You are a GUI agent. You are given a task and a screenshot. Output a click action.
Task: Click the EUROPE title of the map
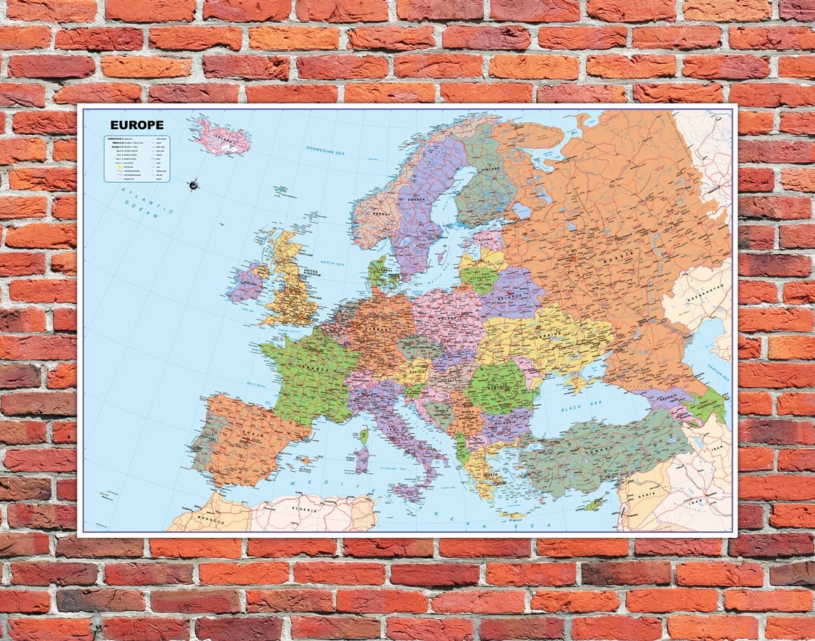137,125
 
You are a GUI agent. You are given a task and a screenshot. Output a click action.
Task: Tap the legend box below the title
136,159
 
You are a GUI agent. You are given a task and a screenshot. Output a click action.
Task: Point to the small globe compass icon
193,185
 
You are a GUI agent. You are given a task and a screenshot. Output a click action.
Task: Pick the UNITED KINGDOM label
312,272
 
